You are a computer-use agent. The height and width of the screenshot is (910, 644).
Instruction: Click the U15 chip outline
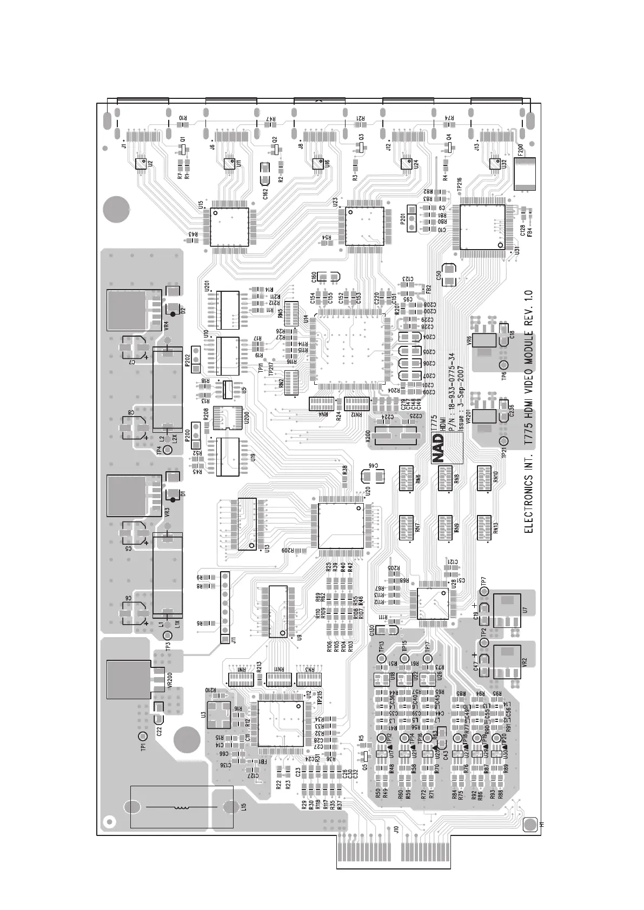pyautogui.click(x=229, y=227)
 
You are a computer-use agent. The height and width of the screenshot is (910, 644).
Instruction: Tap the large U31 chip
pyautogui.click(x=482, y=227)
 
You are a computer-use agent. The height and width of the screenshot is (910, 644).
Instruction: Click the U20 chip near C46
pyautogui.click(x=341, y=525)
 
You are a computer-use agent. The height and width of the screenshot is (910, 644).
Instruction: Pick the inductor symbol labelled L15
pyautogui.click(x=182, y=807)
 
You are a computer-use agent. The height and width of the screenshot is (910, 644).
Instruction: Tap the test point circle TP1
pyautogui.click(x=143, y=737)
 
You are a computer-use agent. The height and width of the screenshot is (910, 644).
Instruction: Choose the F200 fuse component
pyautogui.click(x=525, y=173)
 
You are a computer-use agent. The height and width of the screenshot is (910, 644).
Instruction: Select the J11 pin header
pyautogui.click(x=224, y=607)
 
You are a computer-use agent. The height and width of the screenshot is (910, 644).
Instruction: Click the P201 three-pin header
pyautogui.click(x=412, y=219)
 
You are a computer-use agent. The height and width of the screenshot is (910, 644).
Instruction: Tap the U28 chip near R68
pyautogui.click(x=433, y=604)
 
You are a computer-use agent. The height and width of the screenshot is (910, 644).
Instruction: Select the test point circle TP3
pyautogui.click(x=168, y=635)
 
